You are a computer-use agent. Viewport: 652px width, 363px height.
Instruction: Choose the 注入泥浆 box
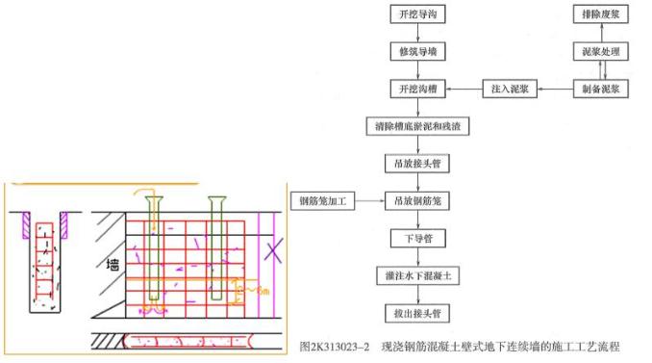(510, 90)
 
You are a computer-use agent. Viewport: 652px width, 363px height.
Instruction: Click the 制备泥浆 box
(600, 90)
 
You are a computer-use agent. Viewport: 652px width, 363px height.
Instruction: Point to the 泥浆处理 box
(600, 51)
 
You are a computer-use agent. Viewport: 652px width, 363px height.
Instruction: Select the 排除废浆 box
(600, 14)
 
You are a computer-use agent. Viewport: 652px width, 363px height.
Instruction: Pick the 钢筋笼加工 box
(324, 201)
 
